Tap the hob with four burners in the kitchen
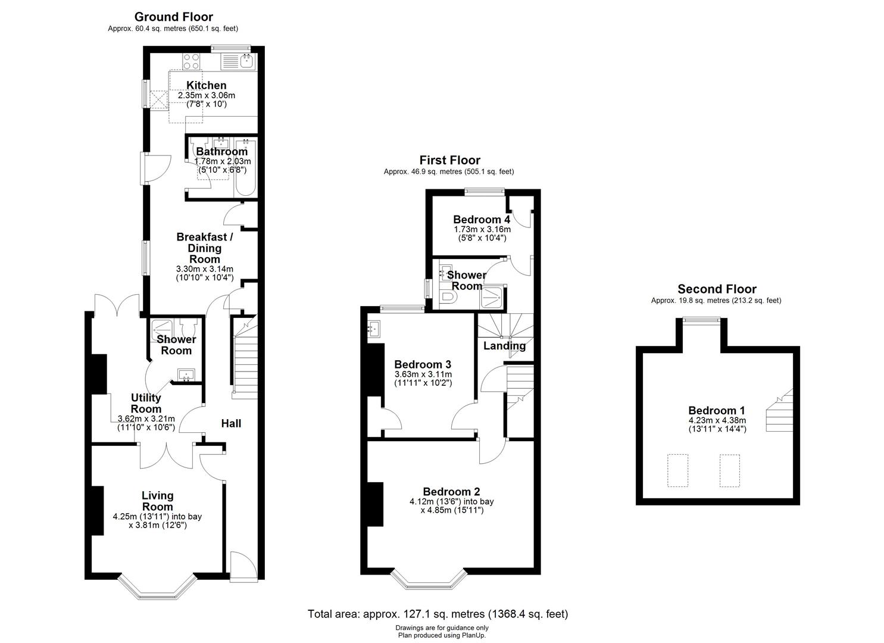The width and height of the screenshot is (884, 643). click(191, 61)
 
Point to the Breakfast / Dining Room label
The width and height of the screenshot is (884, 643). click(205, 248)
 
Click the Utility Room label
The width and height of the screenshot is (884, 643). click(146, 403)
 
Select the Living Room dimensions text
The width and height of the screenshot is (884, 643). click(157, 521)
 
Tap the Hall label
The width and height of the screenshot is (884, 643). click(231, 423)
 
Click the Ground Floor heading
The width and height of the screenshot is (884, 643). click(173, 17)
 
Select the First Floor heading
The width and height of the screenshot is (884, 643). click(449, 160)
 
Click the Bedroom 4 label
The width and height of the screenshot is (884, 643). click(481, 219)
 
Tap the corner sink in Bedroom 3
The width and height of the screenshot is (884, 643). click(374, 328)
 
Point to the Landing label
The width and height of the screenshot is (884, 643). click(504, 346)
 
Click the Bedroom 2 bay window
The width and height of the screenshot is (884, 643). click(429, 580)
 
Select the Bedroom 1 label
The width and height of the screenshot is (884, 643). click(717, 410)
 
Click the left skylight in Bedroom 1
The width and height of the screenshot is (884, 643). click(677, 470)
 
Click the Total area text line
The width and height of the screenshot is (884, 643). click(438, 614)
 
